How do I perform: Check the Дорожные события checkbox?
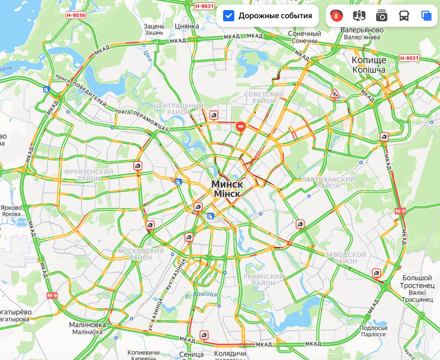(229, 16)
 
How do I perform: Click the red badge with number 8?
(336, 16)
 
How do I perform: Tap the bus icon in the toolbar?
(404, 16)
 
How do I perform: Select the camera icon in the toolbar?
(382, 16)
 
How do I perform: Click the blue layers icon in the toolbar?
(426, 16)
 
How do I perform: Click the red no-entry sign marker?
(240, 127)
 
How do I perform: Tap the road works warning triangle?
(334, 93)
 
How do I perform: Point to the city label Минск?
(227, 184)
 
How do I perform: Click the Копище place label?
(369, 60)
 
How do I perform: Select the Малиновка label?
(87, 325)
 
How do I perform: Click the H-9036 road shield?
(76, 15)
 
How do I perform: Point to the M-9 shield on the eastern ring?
(400, 211)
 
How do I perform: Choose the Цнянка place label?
(187, 26)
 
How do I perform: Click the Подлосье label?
(373, 328)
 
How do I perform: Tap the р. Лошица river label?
(201, 294)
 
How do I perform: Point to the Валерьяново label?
(362, 30)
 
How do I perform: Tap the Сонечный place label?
(305, 34)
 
